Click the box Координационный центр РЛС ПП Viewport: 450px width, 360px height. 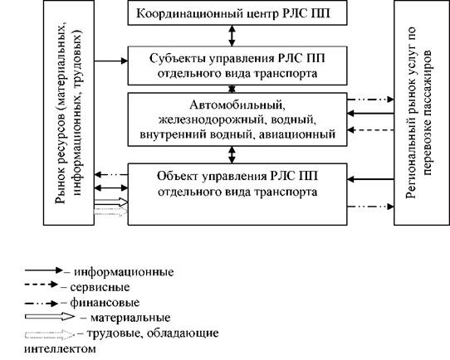(237, 12)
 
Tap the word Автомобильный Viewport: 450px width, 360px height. (237, 105)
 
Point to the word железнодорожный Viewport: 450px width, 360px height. (211, 119)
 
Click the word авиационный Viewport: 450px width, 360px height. (297, 134)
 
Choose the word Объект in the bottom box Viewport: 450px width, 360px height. (178, 176)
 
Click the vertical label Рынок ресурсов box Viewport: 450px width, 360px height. (69, 112)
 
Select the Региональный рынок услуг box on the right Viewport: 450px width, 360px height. (422, 112)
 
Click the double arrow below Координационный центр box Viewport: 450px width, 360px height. (232, 36)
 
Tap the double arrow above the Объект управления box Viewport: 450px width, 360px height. (232, 155)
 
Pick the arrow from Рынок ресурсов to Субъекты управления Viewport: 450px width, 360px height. (110, 61)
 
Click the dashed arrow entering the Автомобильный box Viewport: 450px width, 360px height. (370, 130)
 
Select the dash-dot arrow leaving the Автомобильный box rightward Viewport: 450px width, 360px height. (370, 100)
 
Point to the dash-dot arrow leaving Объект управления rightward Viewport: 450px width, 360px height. (370, 207)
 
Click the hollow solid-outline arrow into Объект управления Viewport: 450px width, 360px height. (110, 202)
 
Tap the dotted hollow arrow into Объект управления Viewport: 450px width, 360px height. (110, 212)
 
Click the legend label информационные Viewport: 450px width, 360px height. (124, 272)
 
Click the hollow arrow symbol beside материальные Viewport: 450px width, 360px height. (50, 316)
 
